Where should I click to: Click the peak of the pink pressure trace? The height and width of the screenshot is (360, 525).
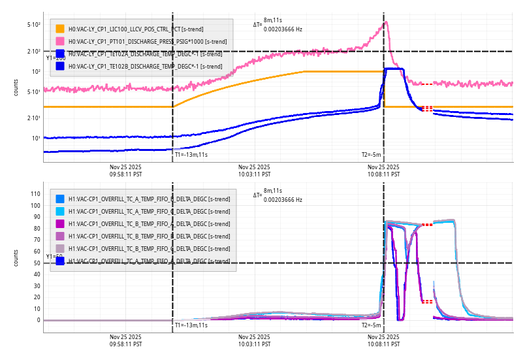pos(386,22)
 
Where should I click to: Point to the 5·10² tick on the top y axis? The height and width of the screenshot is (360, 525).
pos(34,25)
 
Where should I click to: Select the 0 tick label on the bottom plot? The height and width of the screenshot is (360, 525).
pos(38,320)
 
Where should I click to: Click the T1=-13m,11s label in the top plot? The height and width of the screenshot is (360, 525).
pos(191,155)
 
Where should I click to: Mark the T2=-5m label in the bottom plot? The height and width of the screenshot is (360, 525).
pos(371,325)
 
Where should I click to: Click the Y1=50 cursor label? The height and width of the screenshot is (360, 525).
pos(54,257)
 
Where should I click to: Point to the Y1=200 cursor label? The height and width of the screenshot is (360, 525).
pos(56,58)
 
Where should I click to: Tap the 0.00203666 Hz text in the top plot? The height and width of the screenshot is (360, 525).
pos(283,29)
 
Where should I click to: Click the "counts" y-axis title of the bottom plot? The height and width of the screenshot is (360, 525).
pos(16,257)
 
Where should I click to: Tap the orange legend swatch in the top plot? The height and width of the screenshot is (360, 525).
pos(60,29)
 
